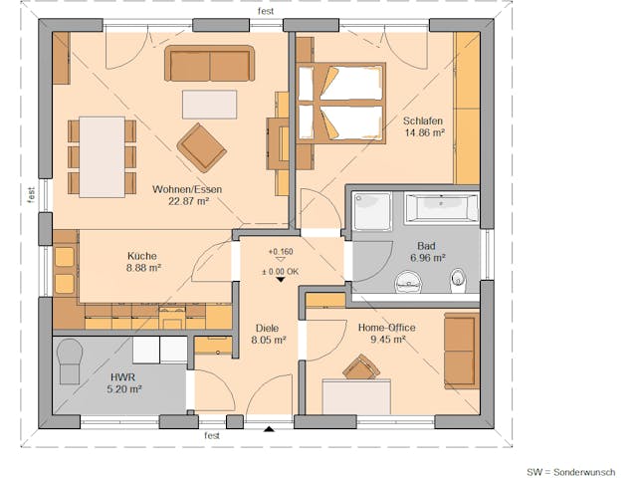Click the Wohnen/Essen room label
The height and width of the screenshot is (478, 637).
click(x=180, y=188)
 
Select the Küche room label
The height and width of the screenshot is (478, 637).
click(x=141, y=256)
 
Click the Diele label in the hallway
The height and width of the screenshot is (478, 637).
click(x=267, y=328)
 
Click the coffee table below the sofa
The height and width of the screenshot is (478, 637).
click(x=209, y=103)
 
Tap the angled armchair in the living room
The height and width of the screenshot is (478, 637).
click(x=201, y=147)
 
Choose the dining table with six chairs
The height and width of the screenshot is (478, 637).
click(x=102, y=156)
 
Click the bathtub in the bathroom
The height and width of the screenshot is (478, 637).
click(x=441, y=208)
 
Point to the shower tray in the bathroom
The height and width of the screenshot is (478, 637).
click(x=373, y=211)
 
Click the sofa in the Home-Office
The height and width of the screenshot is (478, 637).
click(x=460, y=350)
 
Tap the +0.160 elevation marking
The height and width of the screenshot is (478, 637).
click(x=281, y=252)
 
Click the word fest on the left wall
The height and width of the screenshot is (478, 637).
click(x=32, y=194)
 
